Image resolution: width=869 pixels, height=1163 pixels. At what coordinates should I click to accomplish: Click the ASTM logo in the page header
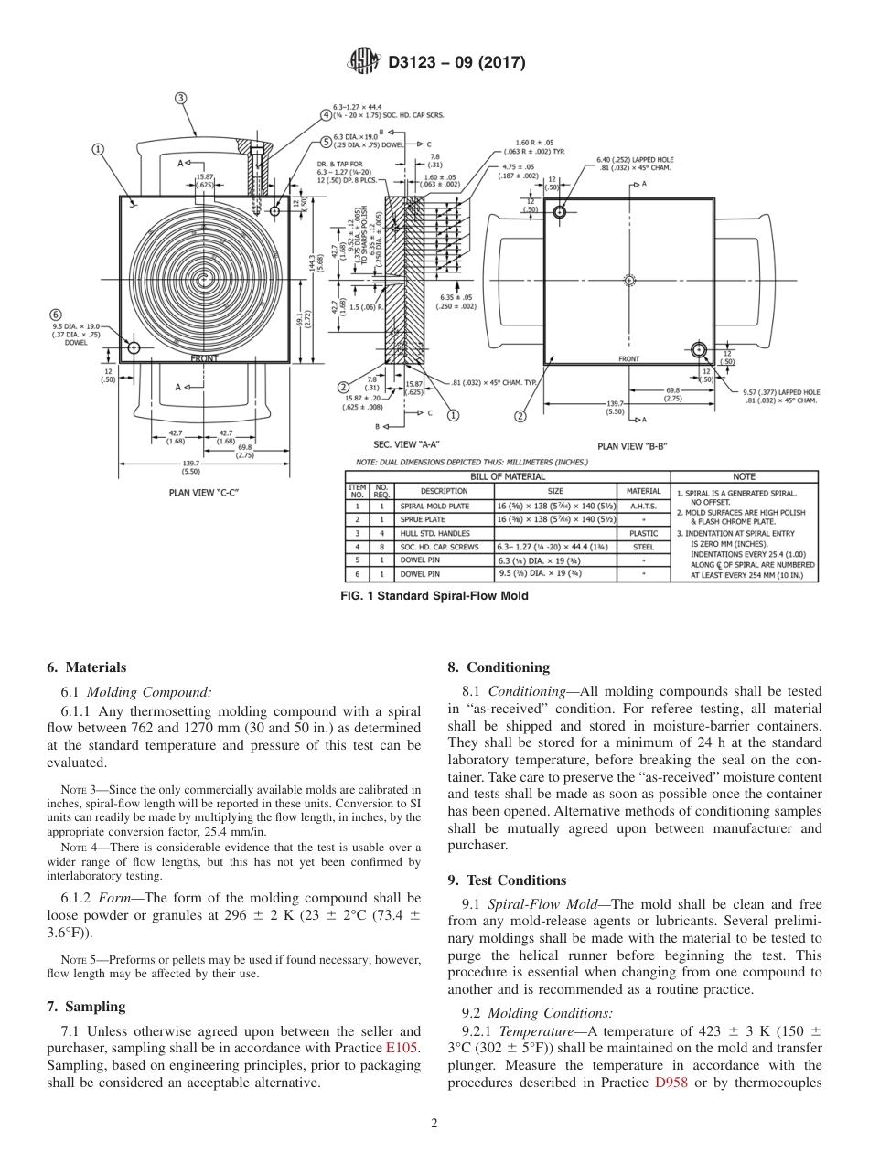tap(364, 62)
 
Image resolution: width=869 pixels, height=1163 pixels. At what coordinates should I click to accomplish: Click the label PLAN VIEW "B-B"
tap(631, 445)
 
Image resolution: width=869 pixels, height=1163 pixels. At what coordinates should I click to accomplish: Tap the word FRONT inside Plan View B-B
tap(628, 359)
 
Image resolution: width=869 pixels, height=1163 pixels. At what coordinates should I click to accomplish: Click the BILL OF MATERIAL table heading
tap(508, 476)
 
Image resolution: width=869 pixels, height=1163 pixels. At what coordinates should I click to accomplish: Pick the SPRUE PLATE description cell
tap(422, 518)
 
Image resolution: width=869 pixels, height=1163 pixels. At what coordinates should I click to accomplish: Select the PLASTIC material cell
tap(643, 532)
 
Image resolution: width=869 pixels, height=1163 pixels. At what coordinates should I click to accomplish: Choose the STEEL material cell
tap(643, 547)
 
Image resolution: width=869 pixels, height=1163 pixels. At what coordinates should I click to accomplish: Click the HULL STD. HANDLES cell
tap(434, 532)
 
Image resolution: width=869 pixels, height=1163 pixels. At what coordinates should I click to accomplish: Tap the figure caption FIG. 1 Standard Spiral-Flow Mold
tap(434, 596)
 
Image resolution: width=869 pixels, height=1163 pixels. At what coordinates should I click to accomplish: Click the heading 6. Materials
tap(86, 667)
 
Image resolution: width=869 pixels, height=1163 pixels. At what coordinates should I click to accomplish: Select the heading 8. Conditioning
tap(499, 667)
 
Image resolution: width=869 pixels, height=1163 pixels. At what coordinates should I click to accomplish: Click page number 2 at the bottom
tap(434, 1124)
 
